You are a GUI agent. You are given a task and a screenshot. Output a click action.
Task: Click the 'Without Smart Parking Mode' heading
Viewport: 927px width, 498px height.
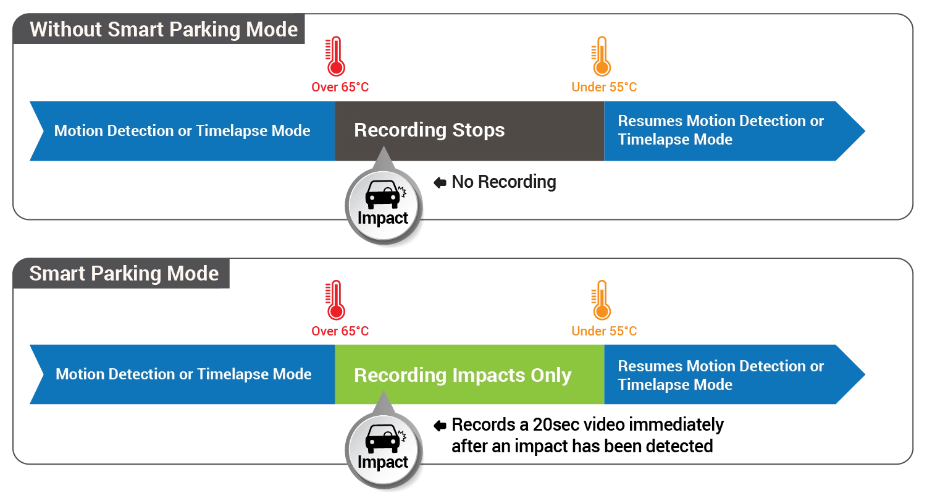[164, 30]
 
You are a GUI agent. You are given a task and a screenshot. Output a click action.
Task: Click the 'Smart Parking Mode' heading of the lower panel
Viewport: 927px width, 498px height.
[124, 274]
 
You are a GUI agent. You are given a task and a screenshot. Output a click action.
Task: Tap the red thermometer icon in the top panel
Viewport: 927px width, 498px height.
[335, 56]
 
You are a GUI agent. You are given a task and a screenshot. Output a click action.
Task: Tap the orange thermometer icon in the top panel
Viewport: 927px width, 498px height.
[600, 56]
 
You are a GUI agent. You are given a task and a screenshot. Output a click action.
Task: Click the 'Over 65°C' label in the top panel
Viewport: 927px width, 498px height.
[340, 87]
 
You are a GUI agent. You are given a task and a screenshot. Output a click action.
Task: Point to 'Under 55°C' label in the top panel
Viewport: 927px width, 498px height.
[604, 87]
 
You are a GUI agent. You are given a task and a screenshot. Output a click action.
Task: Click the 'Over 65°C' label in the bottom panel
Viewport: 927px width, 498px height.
[340, 331]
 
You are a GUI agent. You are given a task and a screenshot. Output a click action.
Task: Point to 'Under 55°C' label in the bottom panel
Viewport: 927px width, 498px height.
[604, 331]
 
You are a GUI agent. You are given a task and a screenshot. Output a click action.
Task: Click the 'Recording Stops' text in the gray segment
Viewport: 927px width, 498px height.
[429, 130]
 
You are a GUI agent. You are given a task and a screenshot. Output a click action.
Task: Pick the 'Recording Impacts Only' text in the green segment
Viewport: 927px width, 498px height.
[463, 375]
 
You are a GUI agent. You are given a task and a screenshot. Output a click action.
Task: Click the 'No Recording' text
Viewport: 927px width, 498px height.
[504, 182]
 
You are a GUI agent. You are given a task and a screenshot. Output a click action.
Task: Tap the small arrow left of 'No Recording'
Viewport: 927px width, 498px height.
[440, 182]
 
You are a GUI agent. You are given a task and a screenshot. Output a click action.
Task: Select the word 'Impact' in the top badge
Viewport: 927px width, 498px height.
[383, 218]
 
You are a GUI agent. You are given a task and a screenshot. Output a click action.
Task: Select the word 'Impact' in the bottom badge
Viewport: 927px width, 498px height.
[383, 462]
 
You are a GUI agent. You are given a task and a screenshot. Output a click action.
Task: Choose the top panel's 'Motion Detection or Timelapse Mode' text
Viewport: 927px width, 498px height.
[182, 131]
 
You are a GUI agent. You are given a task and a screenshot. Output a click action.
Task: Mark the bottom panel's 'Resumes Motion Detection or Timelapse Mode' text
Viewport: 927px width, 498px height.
[721, 375]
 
